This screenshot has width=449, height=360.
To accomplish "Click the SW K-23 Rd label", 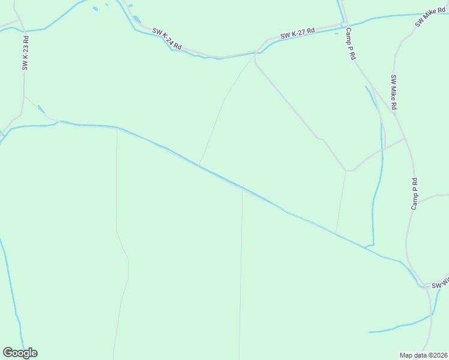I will tap(25, 53).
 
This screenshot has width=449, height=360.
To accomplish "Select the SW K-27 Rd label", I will tap(297, 35).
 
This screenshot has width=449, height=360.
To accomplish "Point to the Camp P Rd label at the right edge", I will tap(414, 194).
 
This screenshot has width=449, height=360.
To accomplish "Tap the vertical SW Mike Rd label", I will tap(394, 92).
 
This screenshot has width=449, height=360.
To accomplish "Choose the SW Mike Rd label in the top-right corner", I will tap(430, 17).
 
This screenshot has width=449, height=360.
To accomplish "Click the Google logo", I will tap(20, 353).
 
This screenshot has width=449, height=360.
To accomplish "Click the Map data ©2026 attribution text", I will tap(424, 355).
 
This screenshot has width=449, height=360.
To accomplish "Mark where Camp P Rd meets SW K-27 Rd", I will tap(345, 26).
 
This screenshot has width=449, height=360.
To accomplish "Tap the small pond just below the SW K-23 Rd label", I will tap(41, 109).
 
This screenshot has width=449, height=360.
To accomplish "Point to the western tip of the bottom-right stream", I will tap(370, 331).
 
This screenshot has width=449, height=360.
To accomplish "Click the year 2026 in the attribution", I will tap(439, 355).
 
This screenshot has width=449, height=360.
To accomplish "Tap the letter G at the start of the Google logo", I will tap(8, 353).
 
